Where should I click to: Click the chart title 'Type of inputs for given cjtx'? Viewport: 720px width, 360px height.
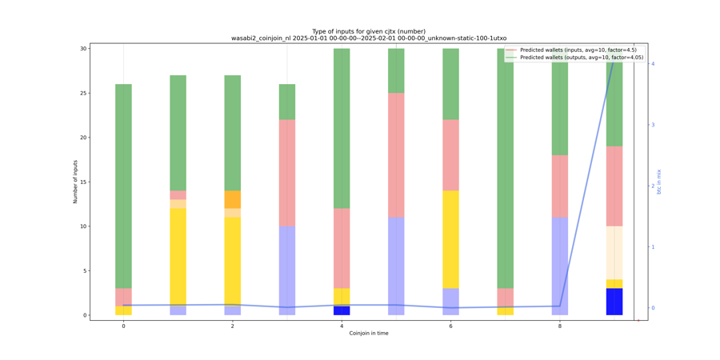point(369,31)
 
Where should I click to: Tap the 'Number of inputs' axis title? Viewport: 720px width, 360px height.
point(75,182)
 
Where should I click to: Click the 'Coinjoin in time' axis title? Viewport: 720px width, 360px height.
point(369,334)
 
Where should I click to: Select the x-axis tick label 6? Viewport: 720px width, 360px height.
point(450,326)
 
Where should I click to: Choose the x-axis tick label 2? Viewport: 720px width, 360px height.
point(233,326)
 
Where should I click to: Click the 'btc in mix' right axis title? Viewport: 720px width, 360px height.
point(659,182)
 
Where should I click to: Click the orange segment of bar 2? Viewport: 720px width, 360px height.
point(233,199)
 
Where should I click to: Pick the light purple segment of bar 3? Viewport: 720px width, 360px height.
point(287,270)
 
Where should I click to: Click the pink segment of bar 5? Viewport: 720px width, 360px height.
point(396,155)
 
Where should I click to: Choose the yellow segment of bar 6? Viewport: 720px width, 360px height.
point(450,239)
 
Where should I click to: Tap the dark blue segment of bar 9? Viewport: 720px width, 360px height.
point(614,302)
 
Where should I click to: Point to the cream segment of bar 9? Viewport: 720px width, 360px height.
point(614,253)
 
